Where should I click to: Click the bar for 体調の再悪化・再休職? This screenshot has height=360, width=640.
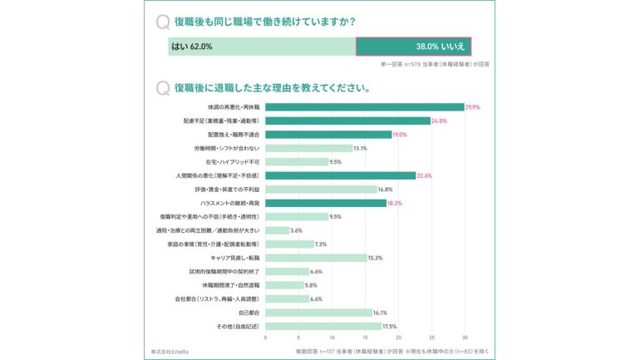click(364, 107)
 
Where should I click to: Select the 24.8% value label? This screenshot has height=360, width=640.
click(439, 121)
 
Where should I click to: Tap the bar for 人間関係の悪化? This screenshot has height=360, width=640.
click(340, 175)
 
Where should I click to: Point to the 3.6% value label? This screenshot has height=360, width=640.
click(297, 230)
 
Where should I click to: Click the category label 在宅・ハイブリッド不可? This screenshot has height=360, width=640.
click(233, 162)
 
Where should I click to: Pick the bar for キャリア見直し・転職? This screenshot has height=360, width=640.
click(316, 258)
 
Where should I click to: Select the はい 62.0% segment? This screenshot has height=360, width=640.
click(262, 47)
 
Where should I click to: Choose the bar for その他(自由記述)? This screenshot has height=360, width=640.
click(323, 326)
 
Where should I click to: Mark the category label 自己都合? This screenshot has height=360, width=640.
click(249, 313)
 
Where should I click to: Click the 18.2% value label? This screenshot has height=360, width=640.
click(396, 203)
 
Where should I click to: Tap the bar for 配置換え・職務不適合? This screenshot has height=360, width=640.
click(328, 135)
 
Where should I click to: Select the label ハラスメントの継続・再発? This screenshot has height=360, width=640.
click(229, 203)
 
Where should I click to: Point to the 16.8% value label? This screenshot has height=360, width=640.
click(385, 190)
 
